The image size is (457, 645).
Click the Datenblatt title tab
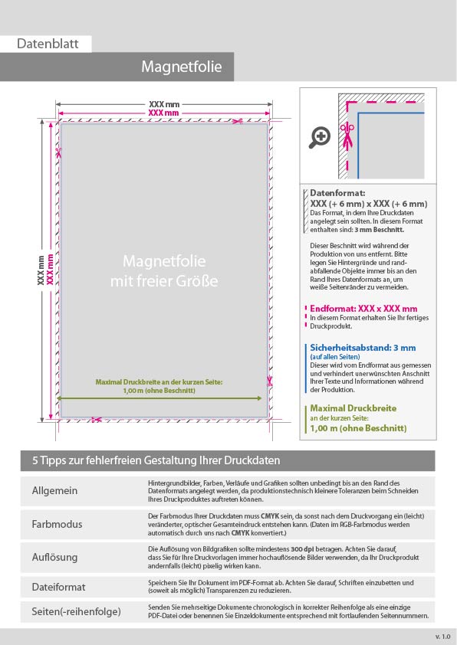coord(48,44)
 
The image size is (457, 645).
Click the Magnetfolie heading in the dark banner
coord(182,67)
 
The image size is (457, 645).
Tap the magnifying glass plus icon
coord(320,137)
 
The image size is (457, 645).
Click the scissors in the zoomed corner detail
coord(347,136)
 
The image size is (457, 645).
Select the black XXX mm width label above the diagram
coord(164,104)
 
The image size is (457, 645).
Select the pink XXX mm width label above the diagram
coord(163,113)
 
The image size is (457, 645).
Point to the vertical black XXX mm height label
coord(41,270)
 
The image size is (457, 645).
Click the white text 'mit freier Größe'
coord(164,281)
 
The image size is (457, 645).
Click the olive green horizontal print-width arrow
coord(159,398)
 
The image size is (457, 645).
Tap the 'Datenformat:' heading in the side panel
coord(337,193)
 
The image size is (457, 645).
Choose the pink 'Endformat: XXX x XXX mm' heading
coord(363,309)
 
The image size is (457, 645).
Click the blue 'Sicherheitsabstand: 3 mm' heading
coord(363,348)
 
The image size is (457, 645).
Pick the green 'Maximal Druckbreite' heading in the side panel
coord(353,408)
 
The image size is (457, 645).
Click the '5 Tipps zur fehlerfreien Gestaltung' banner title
coord(156,460)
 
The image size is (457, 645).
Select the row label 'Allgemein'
coord(54,491)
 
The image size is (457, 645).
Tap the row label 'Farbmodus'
coord(58,524)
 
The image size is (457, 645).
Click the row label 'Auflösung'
coord(54,558)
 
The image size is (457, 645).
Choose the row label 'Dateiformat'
coord(58,587)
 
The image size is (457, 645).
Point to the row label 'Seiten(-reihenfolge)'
coord(76,612)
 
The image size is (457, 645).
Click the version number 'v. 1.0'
coord(443,637)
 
